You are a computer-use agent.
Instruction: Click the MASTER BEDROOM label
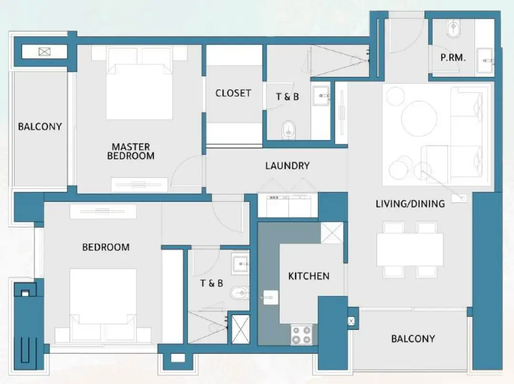[x=131, y=151]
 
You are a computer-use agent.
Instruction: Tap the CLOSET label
[x=233, y=93]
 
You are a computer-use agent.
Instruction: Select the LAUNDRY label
[x=287, y=166]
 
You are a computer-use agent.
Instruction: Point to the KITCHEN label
[x=308, y=276]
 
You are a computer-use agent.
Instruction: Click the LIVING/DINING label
[x=410, y=204]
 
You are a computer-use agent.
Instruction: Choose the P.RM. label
[x=452, y=58]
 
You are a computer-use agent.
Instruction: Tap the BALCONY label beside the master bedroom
[x=40, y=127]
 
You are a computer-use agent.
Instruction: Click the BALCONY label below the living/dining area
[x=413, y=339]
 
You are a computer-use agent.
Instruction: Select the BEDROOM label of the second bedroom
[x=106, y=247]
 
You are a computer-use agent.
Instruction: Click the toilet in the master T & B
[x=289, y=129]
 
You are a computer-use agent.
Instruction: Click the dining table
[x=410, y=249]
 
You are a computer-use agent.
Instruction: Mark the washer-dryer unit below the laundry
[x=288, y=206]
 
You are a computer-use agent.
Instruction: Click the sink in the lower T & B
[x=239, y=263]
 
